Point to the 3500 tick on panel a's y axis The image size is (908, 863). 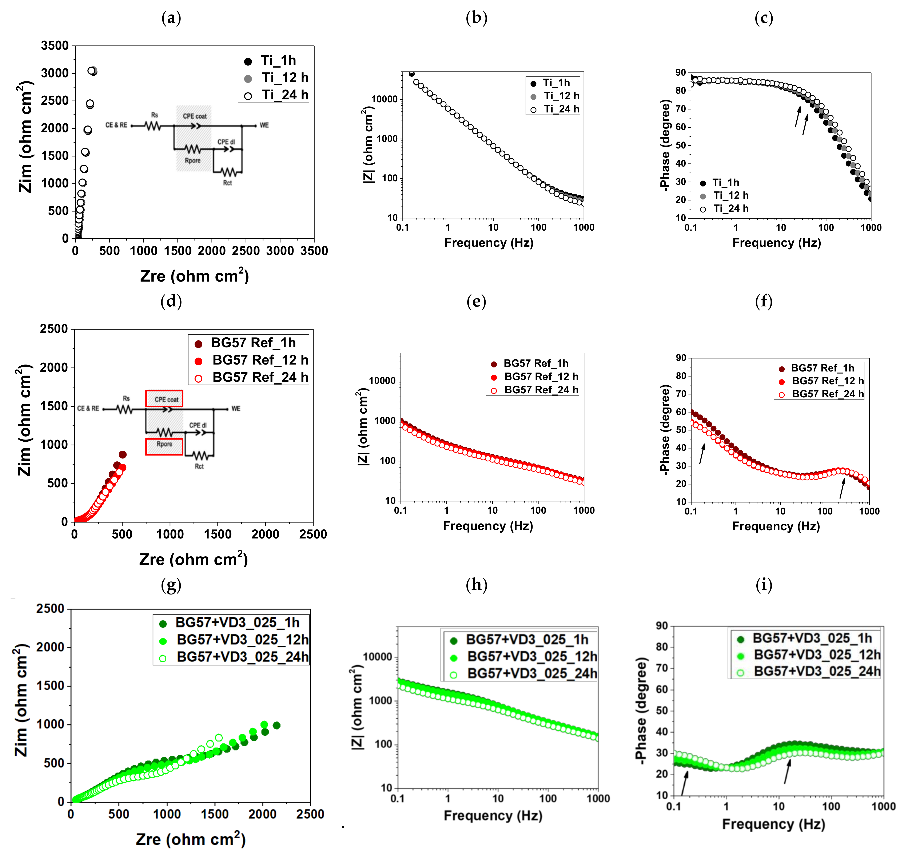point(55,45)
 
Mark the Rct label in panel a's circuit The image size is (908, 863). point(227,183)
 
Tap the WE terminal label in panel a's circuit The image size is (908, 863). point(264,125)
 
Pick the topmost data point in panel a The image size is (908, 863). point(92,71)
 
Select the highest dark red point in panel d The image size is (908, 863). point(122,454)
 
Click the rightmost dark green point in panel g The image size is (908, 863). point(276,725)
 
